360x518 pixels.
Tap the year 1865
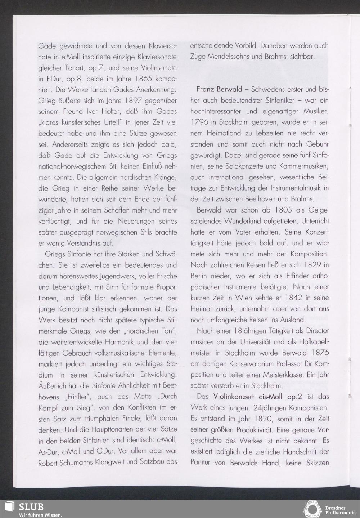[147, 79]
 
